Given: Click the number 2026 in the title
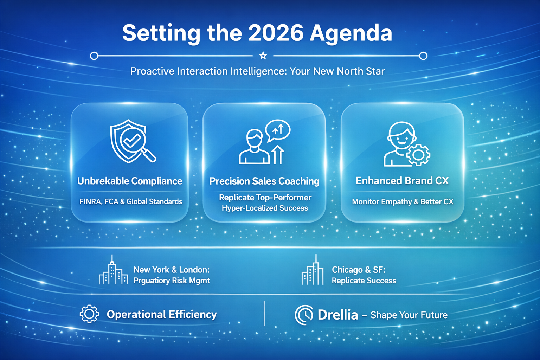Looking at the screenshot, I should [276, 33].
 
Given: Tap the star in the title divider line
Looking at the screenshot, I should [263, 56].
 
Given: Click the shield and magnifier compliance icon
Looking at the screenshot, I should [132, 141].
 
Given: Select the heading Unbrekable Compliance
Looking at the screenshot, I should [130, 181].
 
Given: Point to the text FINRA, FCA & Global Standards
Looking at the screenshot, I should [131, 202].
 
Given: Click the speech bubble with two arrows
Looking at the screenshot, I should [278, 130].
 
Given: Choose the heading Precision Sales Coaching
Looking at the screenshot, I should [264, 181].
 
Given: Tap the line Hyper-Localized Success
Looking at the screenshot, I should [265, 208].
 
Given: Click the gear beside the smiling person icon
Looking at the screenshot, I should [418, 155].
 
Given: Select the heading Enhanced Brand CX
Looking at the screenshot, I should [402, 181].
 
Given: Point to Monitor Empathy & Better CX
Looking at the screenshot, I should [403, 202].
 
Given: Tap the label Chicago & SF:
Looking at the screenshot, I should [359, 270].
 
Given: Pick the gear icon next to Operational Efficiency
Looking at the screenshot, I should [89, 314].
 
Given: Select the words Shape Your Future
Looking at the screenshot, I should [409, 315].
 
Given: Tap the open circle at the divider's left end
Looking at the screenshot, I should [94, 56].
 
